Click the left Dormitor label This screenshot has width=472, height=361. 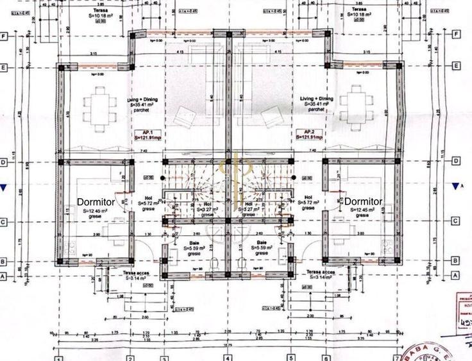[x=96, y=201]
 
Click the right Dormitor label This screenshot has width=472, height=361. [x=363, y=201]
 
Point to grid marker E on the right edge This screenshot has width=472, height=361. [x=456, y=66]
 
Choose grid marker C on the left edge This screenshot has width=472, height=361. [x=4, y=222]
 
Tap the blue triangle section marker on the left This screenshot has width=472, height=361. [x=4, y=187]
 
